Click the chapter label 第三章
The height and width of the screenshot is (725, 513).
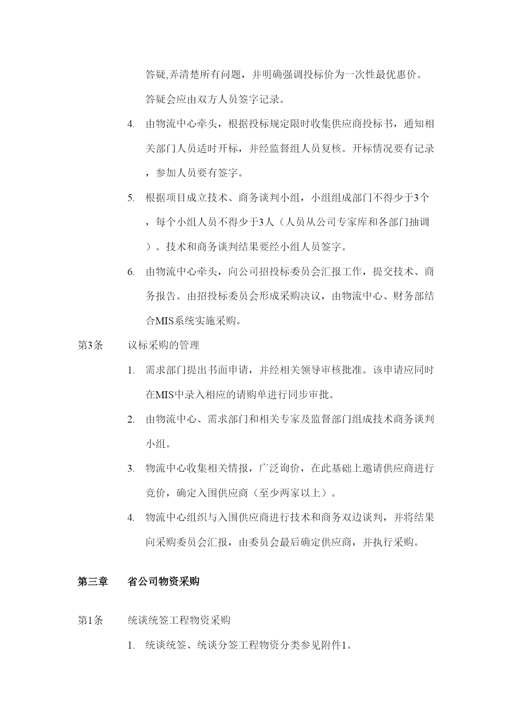click(x=93, y=582)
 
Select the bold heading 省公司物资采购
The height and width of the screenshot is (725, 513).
click(x=164, y=582)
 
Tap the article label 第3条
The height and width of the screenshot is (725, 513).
click(x=90, y=345)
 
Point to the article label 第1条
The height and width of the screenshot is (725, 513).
click(x=90, y=620)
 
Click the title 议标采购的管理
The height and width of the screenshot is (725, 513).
click(x=164, y=345)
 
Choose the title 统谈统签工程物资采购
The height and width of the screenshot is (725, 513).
click(x=179, y=620)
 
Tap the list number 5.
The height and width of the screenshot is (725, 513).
click(x=131, y=198)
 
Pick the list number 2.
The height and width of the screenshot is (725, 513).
click(x=131, y=420)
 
